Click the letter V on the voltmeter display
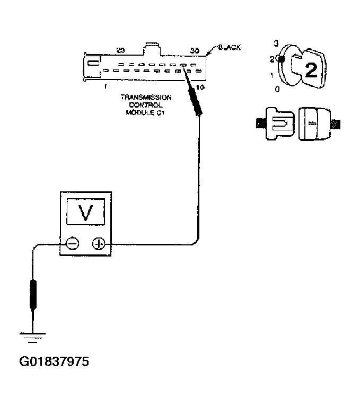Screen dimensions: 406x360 pos(85,213)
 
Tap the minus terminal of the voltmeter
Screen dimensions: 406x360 pos(72,244)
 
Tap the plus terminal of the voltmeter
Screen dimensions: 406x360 pos(99,244)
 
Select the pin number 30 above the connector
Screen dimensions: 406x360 pos(194,51)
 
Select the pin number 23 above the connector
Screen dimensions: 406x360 pos(120,51)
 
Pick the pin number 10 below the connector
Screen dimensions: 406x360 pos(199,86)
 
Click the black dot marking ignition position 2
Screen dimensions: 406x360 pos(282,59)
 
